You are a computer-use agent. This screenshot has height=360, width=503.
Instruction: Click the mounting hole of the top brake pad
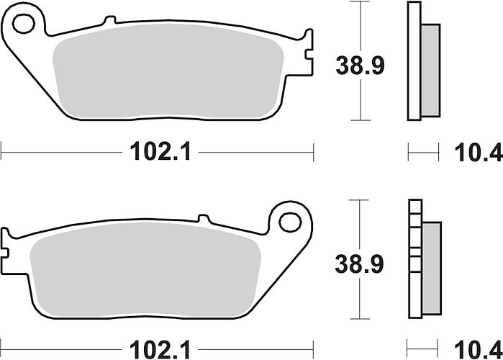(x=24, y=24)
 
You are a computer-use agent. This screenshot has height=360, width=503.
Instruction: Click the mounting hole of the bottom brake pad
(x=290, y=222)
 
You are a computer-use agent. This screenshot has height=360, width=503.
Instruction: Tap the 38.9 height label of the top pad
(x=360, y=66)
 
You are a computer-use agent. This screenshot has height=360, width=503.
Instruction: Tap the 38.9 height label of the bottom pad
(x=359, y=264)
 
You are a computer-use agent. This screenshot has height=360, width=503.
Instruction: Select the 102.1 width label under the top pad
(x=160, y=151)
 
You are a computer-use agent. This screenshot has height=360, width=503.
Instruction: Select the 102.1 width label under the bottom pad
(x=160, y=350)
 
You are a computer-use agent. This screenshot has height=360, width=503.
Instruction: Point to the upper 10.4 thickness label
(x=479, y=153)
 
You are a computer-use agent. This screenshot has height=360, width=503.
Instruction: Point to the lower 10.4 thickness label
(x=479, y=350)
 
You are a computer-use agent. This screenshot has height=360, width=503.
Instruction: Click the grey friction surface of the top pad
(x=168, y=71)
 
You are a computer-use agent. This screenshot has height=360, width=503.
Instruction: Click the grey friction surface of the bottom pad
(x=145, y=269)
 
